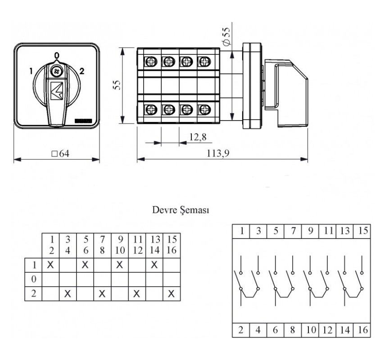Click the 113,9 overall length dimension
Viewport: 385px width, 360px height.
click(x=218, y=153)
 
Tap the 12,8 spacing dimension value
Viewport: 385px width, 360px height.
click(x=198, y=137)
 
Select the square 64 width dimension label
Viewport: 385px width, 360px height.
click(x=60, y=153)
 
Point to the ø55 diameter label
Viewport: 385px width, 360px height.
click(x=226, y=36)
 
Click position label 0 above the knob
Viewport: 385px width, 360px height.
click(x=57, y=56)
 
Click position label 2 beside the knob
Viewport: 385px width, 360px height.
click(x=82, y=71)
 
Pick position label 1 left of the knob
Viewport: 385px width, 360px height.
click(x=31, y=71)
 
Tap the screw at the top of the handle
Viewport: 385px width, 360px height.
click(x=57, y=72)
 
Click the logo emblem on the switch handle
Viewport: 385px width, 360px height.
click(x=57, y=90)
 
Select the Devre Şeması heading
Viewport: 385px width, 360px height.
click(x=181, y=210)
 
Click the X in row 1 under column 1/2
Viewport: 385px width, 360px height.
click(x=50, y=265)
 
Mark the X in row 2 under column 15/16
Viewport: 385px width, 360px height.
click(x=172, y=293)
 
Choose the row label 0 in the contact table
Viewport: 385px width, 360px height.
click(x=34, y=279)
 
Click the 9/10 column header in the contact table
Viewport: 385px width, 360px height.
click(x=120, y=245)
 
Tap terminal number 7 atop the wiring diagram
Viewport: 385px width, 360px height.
click(x=293, y=231)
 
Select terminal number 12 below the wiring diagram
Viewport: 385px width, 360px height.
click(x=327, y=330)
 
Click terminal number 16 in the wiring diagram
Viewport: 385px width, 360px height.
click(x=363, y=330)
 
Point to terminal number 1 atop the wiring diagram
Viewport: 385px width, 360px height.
click(x=242, y=231)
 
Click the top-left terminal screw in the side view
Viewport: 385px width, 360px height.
click(x=150, y=61)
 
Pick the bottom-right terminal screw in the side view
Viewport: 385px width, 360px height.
click(x=204, y=109)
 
